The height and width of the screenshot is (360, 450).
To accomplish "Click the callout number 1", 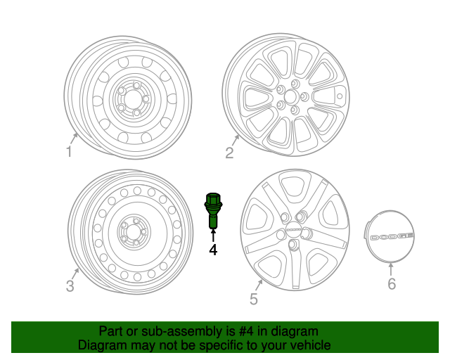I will pos(69,151).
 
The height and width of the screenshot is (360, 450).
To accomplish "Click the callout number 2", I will pos(229,153).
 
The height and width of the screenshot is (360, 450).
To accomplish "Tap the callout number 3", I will pos(70,285).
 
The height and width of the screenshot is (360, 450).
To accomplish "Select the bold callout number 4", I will pos(212,250).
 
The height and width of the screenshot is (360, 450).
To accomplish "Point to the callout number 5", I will pos(254,299).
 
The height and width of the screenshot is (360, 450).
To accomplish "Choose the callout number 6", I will pos(392,283).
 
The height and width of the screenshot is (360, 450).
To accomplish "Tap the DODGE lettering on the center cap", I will pos(392,236).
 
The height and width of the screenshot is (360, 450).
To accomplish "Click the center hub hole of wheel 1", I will pos(131,100).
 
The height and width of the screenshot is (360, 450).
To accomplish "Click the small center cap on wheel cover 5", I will pos(292,230).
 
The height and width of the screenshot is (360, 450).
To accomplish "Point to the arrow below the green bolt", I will pos(213,234).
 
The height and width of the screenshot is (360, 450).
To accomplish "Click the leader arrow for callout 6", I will pos(392,268).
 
